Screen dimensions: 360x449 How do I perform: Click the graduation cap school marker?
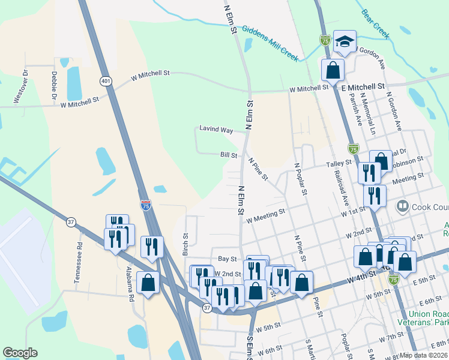345,41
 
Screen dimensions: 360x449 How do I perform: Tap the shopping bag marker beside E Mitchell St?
333,70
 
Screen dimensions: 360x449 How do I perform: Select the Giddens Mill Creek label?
270,41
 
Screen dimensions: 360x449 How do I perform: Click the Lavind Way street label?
216,130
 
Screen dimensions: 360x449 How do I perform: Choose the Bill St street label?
228,155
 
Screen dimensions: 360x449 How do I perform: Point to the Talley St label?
339,163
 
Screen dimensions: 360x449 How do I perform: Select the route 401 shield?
106,81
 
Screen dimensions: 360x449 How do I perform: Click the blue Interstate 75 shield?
145,205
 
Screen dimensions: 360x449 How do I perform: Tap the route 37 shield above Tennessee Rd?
71,222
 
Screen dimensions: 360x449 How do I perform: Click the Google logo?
20,353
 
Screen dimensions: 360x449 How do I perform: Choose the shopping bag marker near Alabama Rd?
148,283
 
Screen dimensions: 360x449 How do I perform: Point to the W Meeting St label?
265,215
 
